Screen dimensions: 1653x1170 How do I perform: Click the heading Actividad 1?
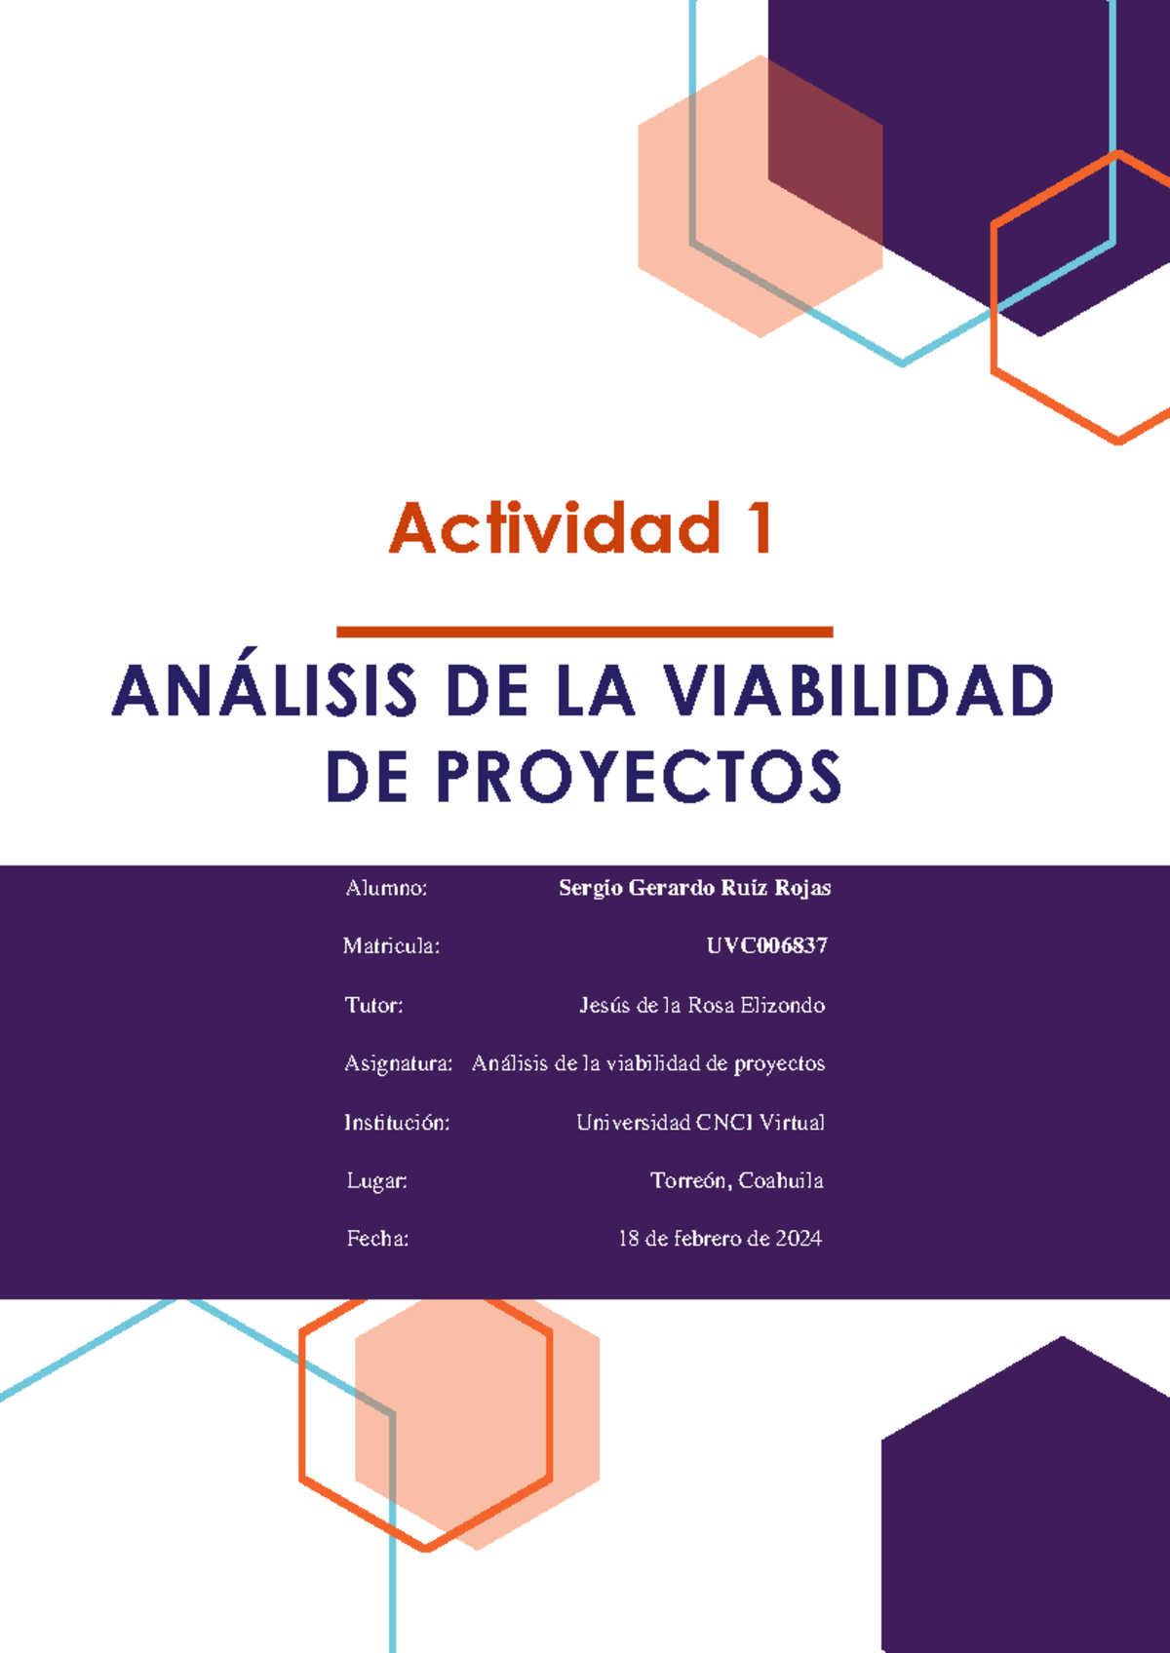pos(582,528)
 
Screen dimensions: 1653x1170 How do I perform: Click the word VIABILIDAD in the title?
pos(858,692)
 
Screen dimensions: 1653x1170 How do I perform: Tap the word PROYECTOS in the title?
pos(639,778)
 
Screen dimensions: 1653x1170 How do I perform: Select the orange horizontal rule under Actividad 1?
pos(584,633)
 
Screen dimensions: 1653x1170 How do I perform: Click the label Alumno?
pos(386,888)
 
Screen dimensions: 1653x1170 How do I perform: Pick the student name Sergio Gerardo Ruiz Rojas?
pos(694,888)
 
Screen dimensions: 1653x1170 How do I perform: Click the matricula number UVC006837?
pos(766,945)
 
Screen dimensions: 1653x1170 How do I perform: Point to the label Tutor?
pos(373,1005)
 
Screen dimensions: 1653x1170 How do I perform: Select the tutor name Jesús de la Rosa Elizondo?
pos(701,1005)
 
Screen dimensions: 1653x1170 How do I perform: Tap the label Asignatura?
pos(398,1063)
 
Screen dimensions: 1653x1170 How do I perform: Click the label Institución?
pos(396,1123)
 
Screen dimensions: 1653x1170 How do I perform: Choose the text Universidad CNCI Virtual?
pos(700,1123)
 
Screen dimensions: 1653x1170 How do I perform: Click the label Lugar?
pos(376,1181)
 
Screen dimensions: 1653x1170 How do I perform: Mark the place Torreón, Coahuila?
pos(736,1181)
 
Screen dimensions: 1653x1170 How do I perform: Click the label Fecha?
pos(377,1239)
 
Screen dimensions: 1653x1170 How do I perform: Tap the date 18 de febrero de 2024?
pos(720,1239)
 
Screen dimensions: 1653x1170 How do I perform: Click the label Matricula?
pos(391,945)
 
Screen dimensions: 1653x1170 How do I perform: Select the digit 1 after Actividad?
pos(758,528)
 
